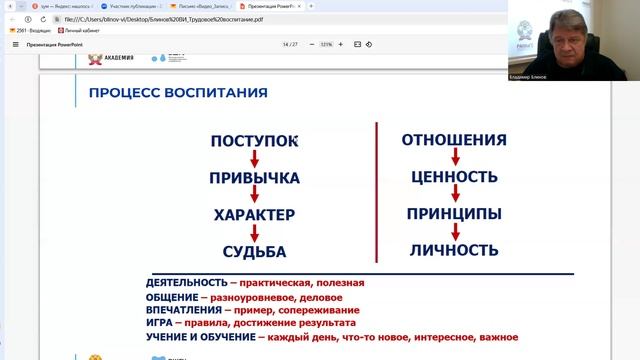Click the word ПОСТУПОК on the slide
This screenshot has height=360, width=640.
[255, 141]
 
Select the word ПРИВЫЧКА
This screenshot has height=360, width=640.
[255, 178]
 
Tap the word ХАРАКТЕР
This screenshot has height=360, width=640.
[255, 215]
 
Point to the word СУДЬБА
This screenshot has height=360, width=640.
[255, 251]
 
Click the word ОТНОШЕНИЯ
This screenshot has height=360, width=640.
[454, 139]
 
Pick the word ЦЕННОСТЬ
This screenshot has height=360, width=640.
[454, 177]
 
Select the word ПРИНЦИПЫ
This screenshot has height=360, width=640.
[454, 213]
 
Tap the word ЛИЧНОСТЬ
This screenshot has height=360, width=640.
[454, 249]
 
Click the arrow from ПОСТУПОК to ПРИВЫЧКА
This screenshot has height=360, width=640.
[255, 160]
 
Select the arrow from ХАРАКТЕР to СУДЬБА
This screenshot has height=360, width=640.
[255, 233]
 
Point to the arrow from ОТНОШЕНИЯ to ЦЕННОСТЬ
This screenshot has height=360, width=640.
[455, 158]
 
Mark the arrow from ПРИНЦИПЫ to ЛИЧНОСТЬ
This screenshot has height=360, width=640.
[455, 231]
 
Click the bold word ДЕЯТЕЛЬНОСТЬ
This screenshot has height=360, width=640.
[184, 283]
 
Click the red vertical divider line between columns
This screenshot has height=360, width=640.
[375, 196]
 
